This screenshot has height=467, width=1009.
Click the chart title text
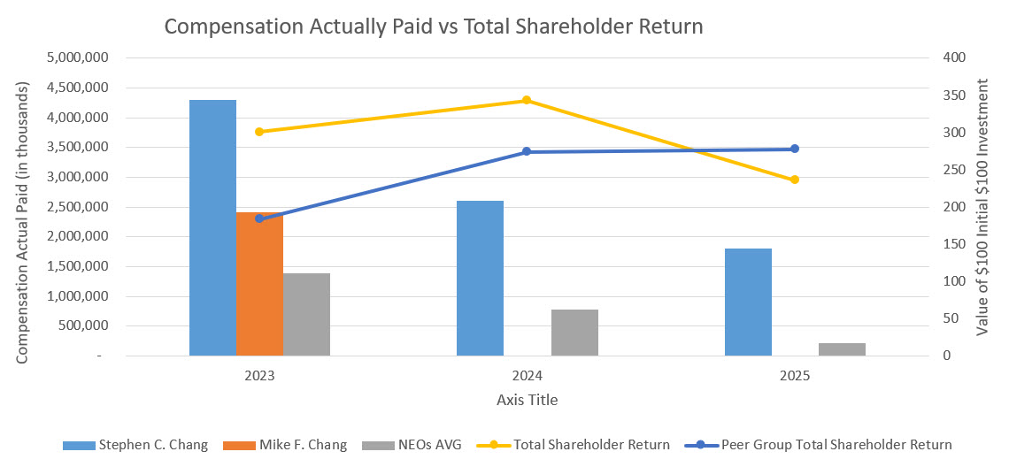434,27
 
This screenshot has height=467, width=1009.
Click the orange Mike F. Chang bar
260,284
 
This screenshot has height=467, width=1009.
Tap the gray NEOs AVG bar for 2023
307,314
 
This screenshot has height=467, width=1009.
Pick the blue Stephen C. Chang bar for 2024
480,278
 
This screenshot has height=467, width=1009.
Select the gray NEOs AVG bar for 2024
574,333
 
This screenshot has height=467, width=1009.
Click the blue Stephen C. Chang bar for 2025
748,302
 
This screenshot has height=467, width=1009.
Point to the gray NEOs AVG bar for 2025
842,349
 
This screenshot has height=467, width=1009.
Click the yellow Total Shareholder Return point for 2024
527,100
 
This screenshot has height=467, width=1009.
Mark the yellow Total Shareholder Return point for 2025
795,180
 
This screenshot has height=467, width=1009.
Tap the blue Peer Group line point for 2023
259,218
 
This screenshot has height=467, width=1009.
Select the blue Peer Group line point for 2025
795,149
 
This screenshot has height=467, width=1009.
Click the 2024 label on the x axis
527,375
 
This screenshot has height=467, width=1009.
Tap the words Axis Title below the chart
527,400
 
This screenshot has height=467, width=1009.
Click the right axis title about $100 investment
983,206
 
